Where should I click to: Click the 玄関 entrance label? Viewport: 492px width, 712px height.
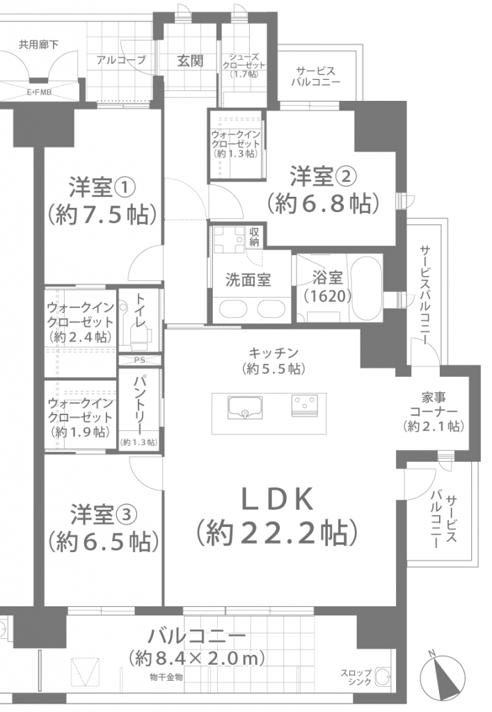click(x=190, y=60)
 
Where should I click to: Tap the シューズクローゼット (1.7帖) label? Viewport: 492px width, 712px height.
click(x=244, y=65)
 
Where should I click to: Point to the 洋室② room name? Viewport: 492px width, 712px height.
click(x=323, y=176)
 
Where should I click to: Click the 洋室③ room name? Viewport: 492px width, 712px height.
click(x=103, y=514)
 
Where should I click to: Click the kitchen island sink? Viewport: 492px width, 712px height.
click(x=246, y=407)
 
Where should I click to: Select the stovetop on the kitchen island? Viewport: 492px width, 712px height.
click(x=304, y=405)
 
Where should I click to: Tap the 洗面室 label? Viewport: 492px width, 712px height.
click(x=248, y=280)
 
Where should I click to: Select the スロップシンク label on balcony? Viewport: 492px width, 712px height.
click(x=356, y=677)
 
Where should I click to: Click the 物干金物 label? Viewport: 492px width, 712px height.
click(x=166, y=677)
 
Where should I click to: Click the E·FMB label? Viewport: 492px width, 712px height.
click(x=39, y=92)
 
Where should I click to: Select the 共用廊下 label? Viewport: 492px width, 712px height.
click(x=38, y=44)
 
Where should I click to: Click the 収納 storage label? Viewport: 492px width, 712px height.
click(x=254, y=236)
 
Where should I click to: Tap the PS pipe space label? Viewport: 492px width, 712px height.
click(x=140, y=360)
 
